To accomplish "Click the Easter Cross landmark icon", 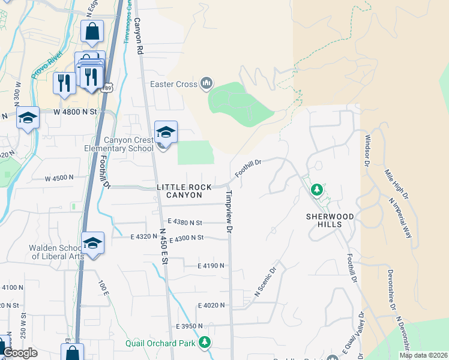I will tap(206, 84).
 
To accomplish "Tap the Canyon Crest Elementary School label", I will tap(128, 144).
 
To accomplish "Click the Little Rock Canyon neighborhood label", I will tap(184, 191).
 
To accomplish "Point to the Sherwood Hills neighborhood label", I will tap(331, 220).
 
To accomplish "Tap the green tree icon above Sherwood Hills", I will tap(316, 190).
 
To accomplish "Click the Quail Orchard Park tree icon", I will tap(205, 343).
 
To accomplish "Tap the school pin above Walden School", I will tap(92, 243).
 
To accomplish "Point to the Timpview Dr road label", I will tap(229, 211).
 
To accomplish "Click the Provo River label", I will tap(47, 66).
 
